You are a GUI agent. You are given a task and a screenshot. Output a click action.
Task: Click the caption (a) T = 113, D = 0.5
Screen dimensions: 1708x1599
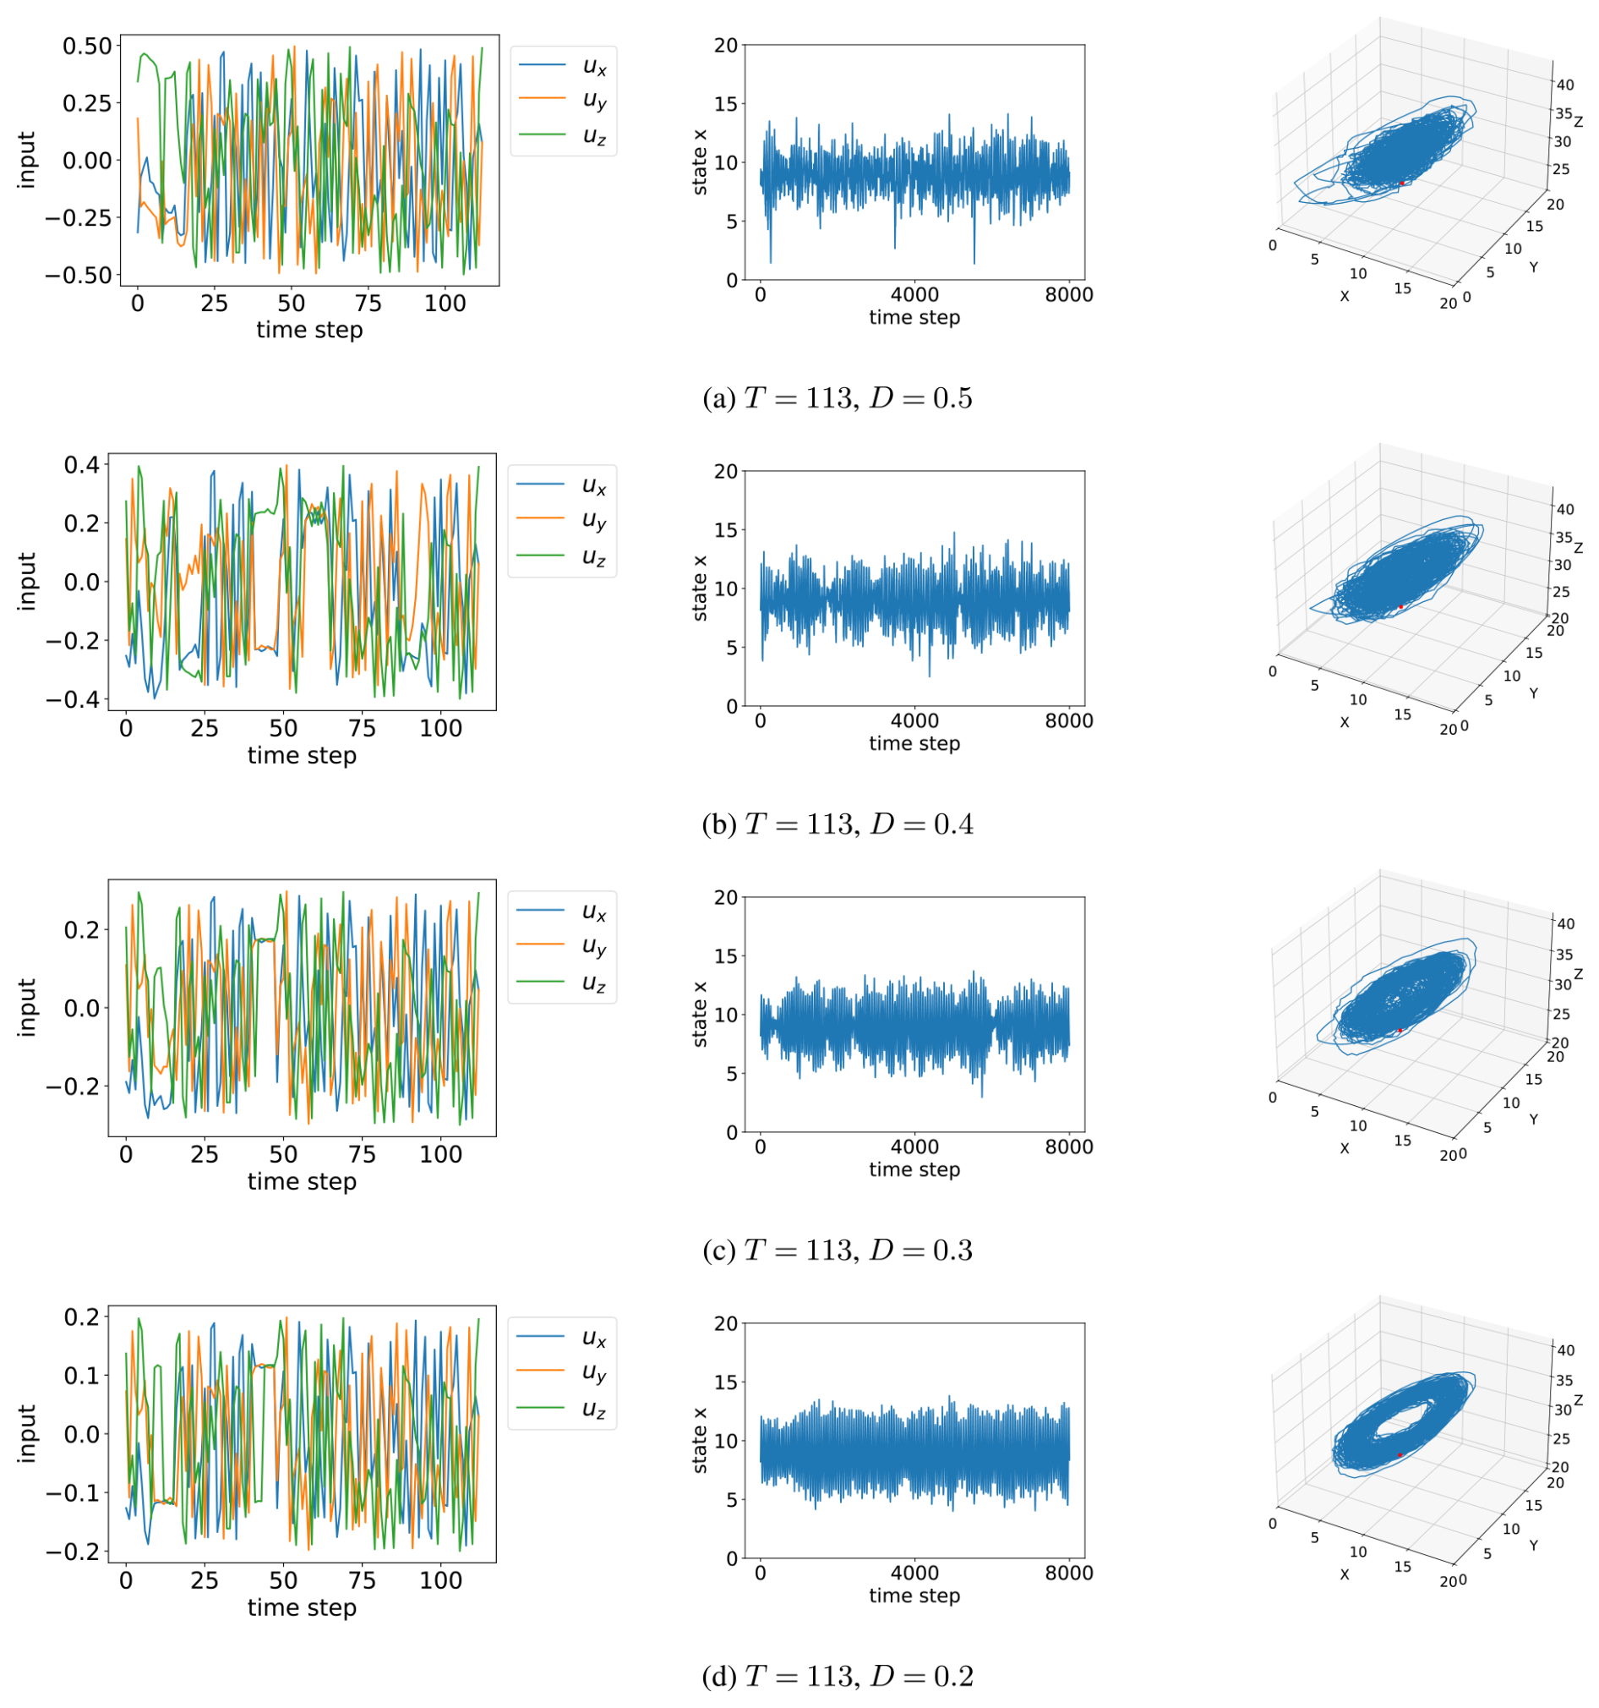pos(838,398)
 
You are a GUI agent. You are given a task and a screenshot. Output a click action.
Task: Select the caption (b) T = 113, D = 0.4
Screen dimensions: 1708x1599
pos(838,824)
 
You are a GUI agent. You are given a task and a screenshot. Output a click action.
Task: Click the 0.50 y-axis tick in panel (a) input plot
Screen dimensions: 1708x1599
pos(88,46)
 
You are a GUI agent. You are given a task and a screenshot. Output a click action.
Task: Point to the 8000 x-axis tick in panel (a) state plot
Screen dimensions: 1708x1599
pos(1068,295)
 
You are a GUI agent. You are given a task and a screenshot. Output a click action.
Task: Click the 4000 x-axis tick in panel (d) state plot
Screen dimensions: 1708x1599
pos(914,1574)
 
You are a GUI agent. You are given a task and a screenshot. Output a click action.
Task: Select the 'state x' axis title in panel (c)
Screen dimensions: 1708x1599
pos(700,1013)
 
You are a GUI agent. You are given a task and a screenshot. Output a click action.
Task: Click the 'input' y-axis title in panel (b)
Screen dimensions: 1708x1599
pos(28,581)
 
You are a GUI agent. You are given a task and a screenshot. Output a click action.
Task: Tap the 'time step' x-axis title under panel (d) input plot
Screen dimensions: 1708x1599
pos(302,1607)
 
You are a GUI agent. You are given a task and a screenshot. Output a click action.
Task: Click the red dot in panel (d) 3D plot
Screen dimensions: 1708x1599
pos(1400,1454)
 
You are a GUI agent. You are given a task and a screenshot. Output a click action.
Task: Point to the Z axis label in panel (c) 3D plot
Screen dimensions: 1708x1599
pos(1579,974)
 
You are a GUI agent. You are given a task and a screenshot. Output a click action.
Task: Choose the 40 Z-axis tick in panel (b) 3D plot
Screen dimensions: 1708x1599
pos(1564,509)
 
